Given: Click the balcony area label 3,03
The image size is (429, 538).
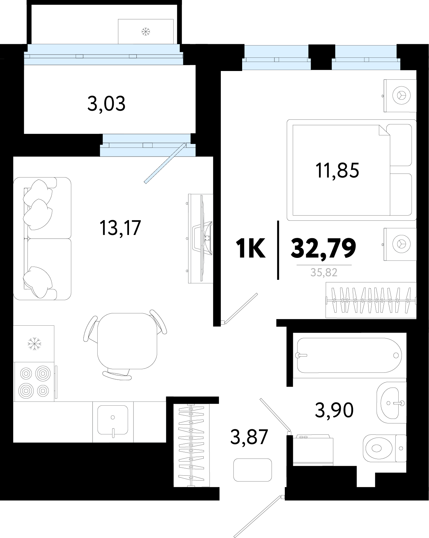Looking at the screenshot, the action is (106, 104).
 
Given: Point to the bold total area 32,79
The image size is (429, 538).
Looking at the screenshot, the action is (323, 248).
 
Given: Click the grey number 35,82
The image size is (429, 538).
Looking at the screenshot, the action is (324, 273).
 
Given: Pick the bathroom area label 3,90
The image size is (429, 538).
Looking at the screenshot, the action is (334, 410).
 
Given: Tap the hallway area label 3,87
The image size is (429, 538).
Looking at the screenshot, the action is (249, 437).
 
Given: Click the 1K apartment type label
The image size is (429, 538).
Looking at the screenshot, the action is (251, 248).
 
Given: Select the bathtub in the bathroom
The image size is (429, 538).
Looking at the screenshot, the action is (349, 355).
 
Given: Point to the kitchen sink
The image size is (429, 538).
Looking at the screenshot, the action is (113, 420).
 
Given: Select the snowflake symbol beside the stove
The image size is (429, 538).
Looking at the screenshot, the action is (34, 344).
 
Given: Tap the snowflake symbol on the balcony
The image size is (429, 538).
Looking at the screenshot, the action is (146, 32).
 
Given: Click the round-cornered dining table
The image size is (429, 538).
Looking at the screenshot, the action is (127, 341).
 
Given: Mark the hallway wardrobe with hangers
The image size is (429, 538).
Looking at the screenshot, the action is (191, 445).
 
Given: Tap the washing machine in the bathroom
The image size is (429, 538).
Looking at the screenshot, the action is (313, 450).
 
